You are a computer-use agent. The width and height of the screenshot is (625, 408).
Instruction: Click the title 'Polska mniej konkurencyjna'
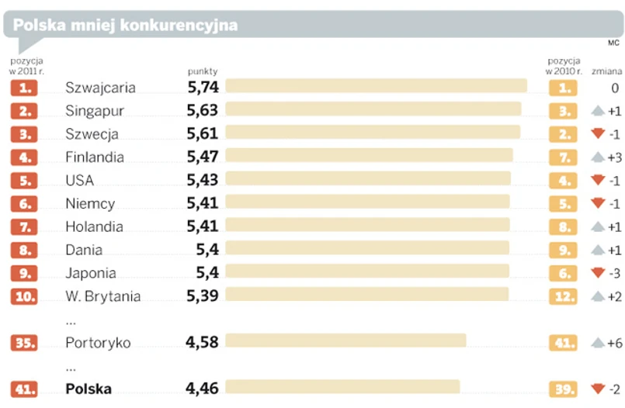125,25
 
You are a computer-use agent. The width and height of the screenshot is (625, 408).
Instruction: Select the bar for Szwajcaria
376,87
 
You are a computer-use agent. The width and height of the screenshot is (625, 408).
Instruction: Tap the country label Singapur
95,111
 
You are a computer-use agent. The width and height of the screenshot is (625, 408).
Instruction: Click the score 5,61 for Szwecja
203,133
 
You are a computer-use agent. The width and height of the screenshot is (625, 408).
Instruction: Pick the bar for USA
367,179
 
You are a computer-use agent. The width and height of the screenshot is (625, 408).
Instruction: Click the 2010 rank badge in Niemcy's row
563,203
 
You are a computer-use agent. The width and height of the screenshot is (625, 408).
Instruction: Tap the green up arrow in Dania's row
597,250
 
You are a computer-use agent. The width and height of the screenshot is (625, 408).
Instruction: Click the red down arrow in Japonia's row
597,273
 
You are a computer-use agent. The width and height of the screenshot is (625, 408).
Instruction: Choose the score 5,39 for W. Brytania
203,296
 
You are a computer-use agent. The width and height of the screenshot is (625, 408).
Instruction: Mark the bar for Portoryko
345,341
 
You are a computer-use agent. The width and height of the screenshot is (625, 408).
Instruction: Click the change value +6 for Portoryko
614,342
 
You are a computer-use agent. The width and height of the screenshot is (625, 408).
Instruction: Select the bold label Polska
89,389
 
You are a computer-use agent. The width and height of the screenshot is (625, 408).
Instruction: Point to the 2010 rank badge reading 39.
563,389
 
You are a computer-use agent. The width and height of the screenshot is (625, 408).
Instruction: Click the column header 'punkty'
203,71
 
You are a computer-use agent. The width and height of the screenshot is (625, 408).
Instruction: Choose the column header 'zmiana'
606,71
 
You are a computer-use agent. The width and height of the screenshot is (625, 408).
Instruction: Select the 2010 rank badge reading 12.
563,296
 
